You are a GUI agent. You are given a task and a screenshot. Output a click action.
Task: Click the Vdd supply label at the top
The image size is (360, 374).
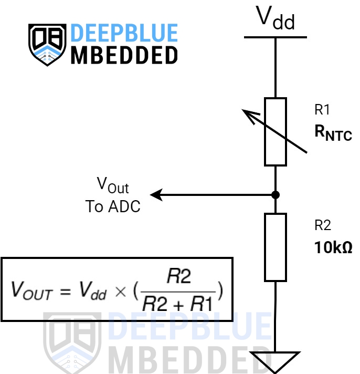click(275, 19)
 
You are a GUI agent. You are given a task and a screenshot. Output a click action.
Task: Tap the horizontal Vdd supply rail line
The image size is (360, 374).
click(275, 37)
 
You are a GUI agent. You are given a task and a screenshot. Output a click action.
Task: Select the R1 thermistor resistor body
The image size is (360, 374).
click(276, 132)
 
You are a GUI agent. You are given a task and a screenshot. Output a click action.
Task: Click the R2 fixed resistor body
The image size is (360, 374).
click(276, 247)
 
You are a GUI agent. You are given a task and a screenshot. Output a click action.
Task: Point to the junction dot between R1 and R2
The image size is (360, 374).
click(276, 195)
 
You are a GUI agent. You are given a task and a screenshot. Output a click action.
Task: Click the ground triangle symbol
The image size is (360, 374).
click(276, 360)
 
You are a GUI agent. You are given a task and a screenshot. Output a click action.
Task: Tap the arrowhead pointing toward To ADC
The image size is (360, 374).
click(156, 195)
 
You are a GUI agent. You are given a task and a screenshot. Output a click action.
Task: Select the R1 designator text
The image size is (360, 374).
click(322, 110)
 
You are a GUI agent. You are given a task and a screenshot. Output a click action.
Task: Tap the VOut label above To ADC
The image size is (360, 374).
click(113, 185)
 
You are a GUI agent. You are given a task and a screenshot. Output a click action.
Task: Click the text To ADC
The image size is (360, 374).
click(113, 206)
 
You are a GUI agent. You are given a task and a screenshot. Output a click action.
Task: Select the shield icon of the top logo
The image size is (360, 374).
click(47, 44)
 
